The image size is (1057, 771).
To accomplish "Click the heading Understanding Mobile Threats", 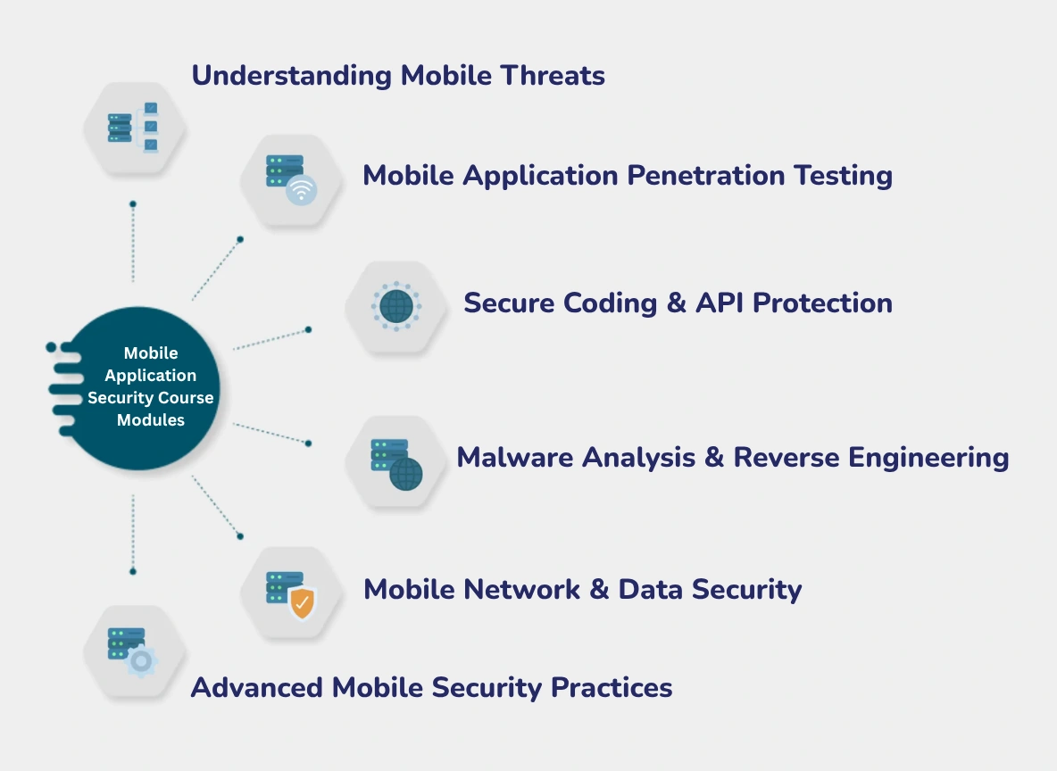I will [x=398, y=76].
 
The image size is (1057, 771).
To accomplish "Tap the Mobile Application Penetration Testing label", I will [x=627, y=175].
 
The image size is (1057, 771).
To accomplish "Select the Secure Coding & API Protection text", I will [x=678, y=303].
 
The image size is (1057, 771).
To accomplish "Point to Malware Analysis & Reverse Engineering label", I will [x=732, y=458].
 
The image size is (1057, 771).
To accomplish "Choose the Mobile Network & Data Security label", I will [x=582, y=589].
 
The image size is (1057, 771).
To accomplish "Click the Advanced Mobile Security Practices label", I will [x=431, y=687].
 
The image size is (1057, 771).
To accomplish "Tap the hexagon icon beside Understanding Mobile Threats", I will [x=134, y=127].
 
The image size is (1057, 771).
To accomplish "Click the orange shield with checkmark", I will [x=303, y=603].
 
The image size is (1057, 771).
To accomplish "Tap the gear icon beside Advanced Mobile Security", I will [x=140, y=661].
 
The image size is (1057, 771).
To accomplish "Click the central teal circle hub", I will [x=143, y=388].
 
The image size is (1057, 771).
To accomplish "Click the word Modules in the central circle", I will [x=151, y=419].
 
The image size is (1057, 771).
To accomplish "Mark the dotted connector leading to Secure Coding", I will [x=270, y=339].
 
